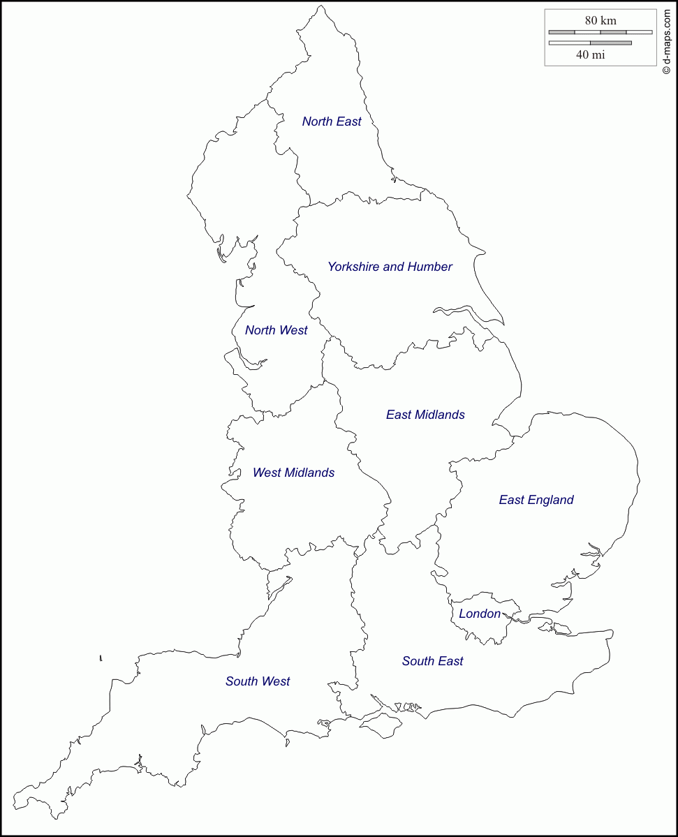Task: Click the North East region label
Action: click(x=332, y=121)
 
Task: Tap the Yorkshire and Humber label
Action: click(x=390, y=267)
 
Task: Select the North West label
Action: click(x=276, y=330)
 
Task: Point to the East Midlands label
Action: click(x=425, y=415)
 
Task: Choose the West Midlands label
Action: click(x=293, y=473)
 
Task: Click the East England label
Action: click(x=536, y=500)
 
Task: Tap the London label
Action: click(x=480, y=614)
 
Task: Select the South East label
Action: click(x=432, y=661)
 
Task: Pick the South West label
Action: click(x=258, y=681)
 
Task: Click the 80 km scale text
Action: click(x=600, y=20)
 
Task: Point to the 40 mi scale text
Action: click(x=591, y=55)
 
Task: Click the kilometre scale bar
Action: click(x=600, y=32)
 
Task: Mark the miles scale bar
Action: click(x=591, y=43)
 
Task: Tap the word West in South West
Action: click(x=276, y=681)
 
